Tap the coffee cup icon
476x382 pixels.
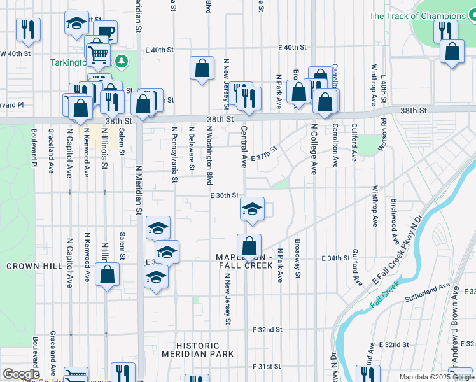click(x=106, y=32)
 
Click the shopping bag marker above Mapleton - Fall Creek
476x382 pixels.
click(x=249, y=245)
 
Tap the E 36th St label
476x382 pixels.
click(x=224, y=195)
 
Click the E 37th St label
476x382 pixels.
click(x=264, y=153)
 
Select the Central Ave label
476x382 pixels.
click(x=244, y=146)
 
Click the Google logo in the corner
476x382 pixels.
click(x=21, y=374)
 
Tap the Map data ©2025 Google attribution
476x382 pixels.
click(x=437, y=377)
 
